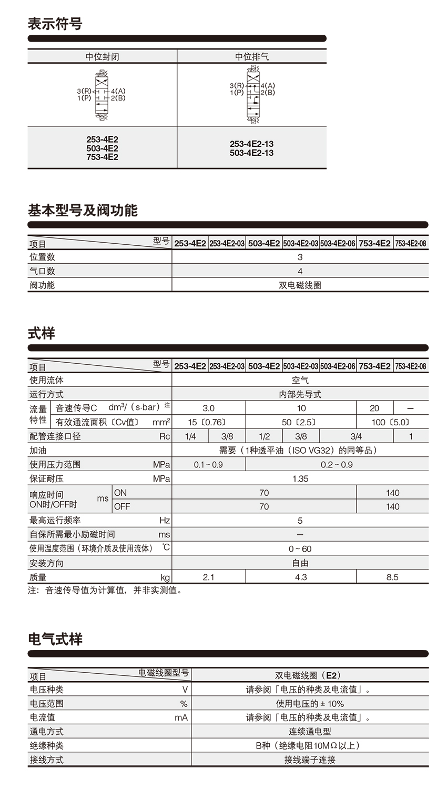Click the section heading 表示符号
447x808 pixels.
55,24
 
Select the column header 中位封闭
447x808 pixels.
102,56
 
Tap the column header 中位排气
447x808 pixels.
252,56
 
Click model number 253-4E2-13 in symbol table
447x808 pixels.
251,144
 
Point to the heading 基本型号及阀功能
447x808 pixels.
83,211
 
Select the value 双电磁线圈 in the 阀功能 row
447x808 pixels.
300,285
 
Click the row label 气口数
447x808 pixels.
42,271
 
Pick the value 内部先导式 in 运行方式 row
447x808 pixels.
300,394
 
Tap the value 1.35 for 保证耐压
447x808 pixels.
300,478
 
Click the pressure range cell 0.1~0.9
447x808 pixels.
208,464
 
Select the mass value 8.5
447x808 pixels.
392,577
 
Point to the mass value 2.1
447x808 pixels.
208,577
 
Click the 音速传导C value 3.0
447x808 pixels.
208,408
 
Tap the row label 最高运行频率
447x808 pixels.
55,521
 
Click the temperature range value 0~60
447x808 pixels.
300,549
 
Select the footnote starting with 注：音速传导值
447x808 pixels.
105,591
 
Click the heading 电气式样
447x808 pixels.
55,640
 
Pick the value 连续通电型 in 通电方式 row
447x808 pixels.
310,732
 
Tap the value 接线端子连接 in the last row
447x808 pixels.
310,760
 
